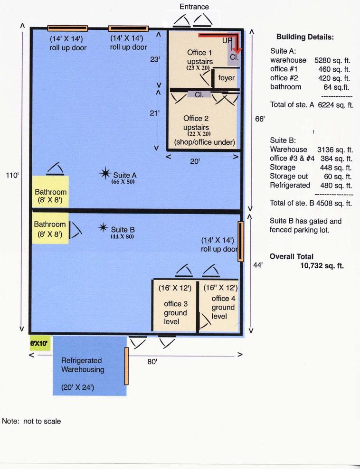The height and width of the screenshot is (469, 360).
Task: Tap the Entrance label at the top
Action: pos(194,7)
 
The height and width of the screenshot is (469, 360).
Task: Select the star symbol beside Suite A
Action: pos(105,173)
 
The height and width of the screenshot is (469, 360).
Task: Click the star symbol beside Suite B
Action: pos(103,228)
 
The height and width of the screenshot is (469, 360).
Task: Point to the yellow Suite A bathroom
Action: pos(50,191)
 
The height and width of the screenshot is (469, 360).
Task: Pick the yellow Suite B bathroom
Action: pos(50,228)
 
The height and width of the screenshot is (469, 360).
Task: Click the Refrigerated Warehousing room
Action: pos(89,366)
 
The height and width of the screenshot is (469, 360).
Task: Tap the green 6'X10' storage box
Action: pos(39,343)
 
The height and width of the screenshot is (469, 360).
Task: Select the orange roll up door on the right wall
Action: pos(241,241)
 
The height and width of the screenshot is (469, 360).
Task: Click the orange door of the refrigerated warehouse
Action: pos(126,366)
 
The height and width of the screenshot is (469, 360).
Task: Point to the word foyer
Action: pos(226,78)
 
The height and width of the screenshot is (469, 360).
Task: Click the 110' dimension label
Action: pos(12,175)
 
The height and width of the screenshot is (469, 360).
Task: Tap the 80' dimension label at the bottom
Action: pos(152,362)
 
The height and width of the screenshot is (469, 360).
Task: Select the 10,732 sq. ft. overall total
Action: pos(322,266)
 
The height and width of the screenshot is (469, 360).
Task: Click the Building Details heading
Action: pos(305,37)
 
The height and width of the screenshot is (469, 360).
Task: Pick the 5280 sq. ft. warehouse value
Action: pos(332,60)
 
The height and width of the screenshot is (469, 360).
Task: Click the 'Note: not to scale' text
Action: pos(31,421)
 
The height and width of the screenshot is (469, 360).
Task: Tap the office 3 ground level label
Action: pos(175,312)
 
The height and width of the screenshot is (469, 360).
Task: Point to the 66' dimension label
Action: pos(260,119)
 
